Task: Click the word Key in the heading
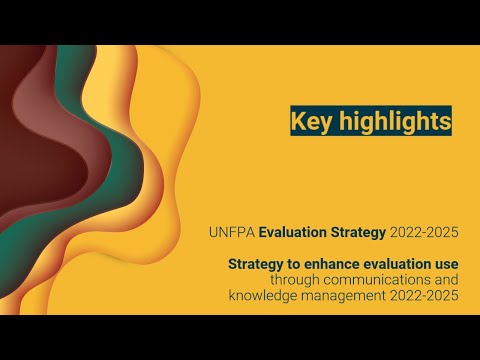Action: coord(310,121)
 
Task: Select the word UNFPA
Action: coord(232,233)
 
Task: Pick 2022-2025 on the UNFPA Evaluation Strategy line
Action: coord(424,233)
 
